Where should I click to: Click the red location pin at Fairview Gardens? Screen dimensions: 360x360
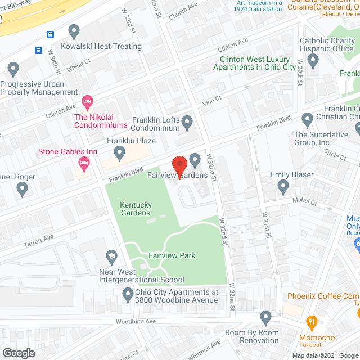click(x=179, y=166)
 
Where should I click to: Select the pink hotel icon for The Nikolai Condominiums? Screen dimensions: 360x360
click(x=87, y=102)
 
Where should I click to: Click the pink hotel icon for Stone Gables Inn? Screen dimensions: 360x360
click(x=83, y=164)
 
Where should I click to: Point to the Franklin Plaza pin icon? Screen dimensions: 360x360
click(x=119, y=152)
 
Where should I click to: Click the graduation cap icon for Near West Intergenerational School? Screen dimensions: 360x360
click(x=111, y=256)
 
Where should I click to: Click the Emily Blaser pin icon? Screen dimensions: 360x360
click(x=283, y=186)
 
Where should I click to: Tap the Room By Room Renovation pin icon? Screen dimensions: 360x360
click(x=267, y=318)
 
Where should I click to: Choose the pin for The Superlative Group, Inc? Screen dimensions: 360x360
click(x=307, y=119)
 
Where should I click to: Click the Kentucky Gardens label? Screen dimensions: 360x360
click(x=135, y=209)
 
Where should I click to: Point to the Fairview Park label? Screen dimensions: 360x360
click(x=172, y=255)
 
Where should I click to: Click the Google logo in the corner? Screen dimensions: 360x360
click(x=18, y=353)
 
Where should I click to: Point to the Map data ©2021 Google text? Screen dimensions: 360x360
click(x=324, y=355)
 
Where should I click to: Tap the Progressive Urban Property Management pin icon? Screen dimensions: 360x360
click(x=13, y=70)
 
